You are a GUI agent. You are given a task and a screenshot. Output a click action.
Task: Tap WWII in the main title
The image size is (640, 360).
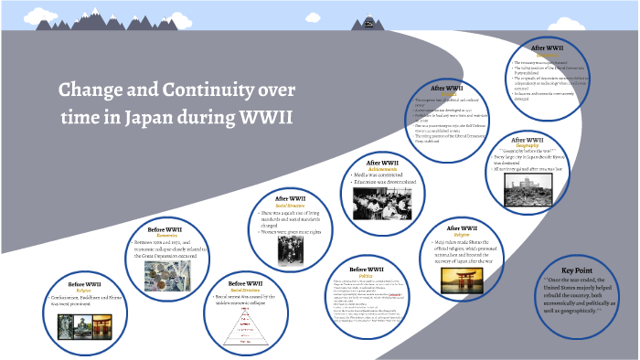(261, 118)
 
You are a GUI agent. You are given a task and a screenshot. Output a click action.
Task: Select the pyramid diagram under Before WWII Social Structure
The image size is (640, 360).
(245, 322)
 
